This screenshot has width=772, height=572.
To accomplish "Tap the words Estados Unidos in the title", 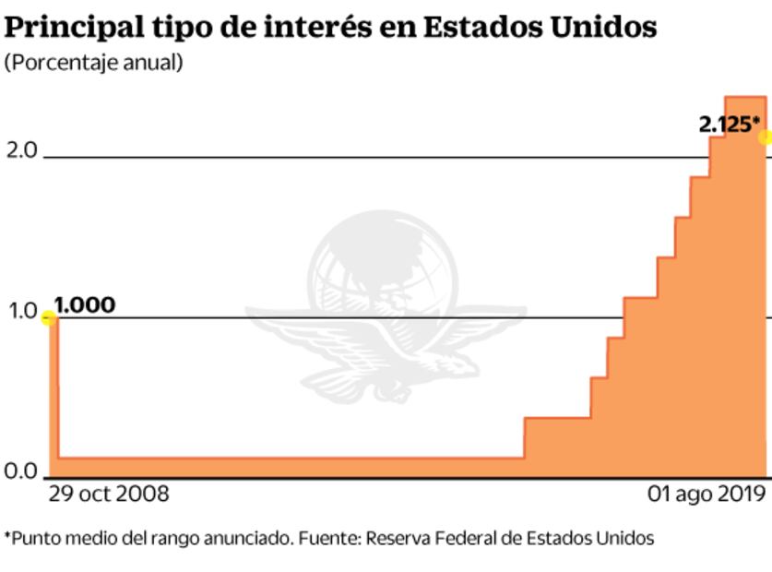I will [x=540, y=27].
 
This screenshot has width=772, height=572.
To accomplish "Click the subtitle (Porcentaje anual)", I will [x=93, y=63].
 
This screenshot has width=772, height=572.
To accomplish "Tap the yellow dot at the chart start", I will [x=49, y=318].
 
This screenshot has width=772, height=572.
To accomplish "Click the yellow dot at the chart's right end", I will [x=765, y=137].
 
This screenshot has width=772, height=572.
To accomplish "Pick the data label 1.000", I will [x=85, y=304].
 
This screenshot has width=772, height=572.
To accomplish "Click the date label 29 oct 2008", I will [x=109, y=494].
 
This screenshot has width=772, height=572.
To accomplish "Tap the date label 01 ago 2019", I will [x=706, y=494].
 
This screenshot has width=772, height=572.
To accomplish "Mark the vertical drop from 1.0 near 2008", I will [x=57, y=387].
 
